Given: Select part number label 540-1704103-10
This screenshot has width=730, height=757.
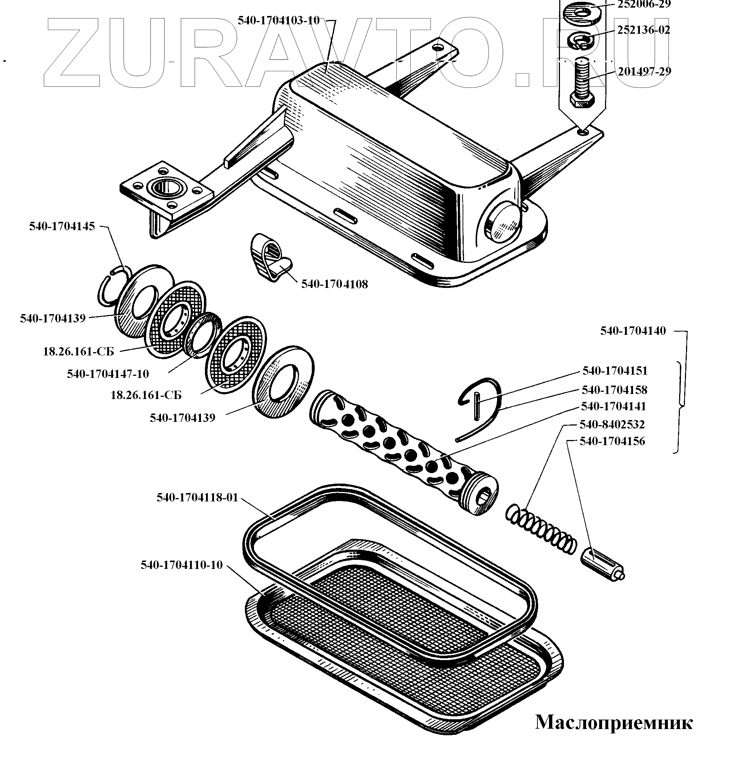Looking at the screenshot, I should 279,20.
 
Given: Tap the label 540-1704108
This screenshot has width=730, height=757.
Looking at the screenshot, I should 334,284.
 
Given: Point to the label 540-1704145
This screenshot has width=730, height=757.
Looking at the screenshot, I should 62,226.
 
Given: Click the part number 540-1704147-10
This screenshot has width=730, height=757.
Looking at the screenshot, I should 108,374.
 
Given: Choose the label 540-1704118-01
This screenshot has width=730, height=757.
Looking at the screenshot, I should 197,497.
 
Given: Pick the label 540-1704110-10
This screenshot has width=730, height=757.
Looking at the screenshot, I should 182,565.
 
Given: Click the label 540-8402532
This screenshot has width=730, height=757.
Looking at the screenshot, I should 612,424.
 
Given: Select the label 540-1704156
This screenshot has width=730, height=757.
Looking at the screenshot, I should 612,441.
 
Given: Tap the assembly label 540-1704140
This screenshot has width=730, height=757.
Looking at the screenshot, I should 633,331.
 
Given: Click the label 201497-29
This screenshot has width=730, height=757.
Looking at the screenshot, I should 644,72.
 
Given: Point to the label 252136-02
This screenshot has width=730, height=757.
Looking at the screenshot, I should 644,30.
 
